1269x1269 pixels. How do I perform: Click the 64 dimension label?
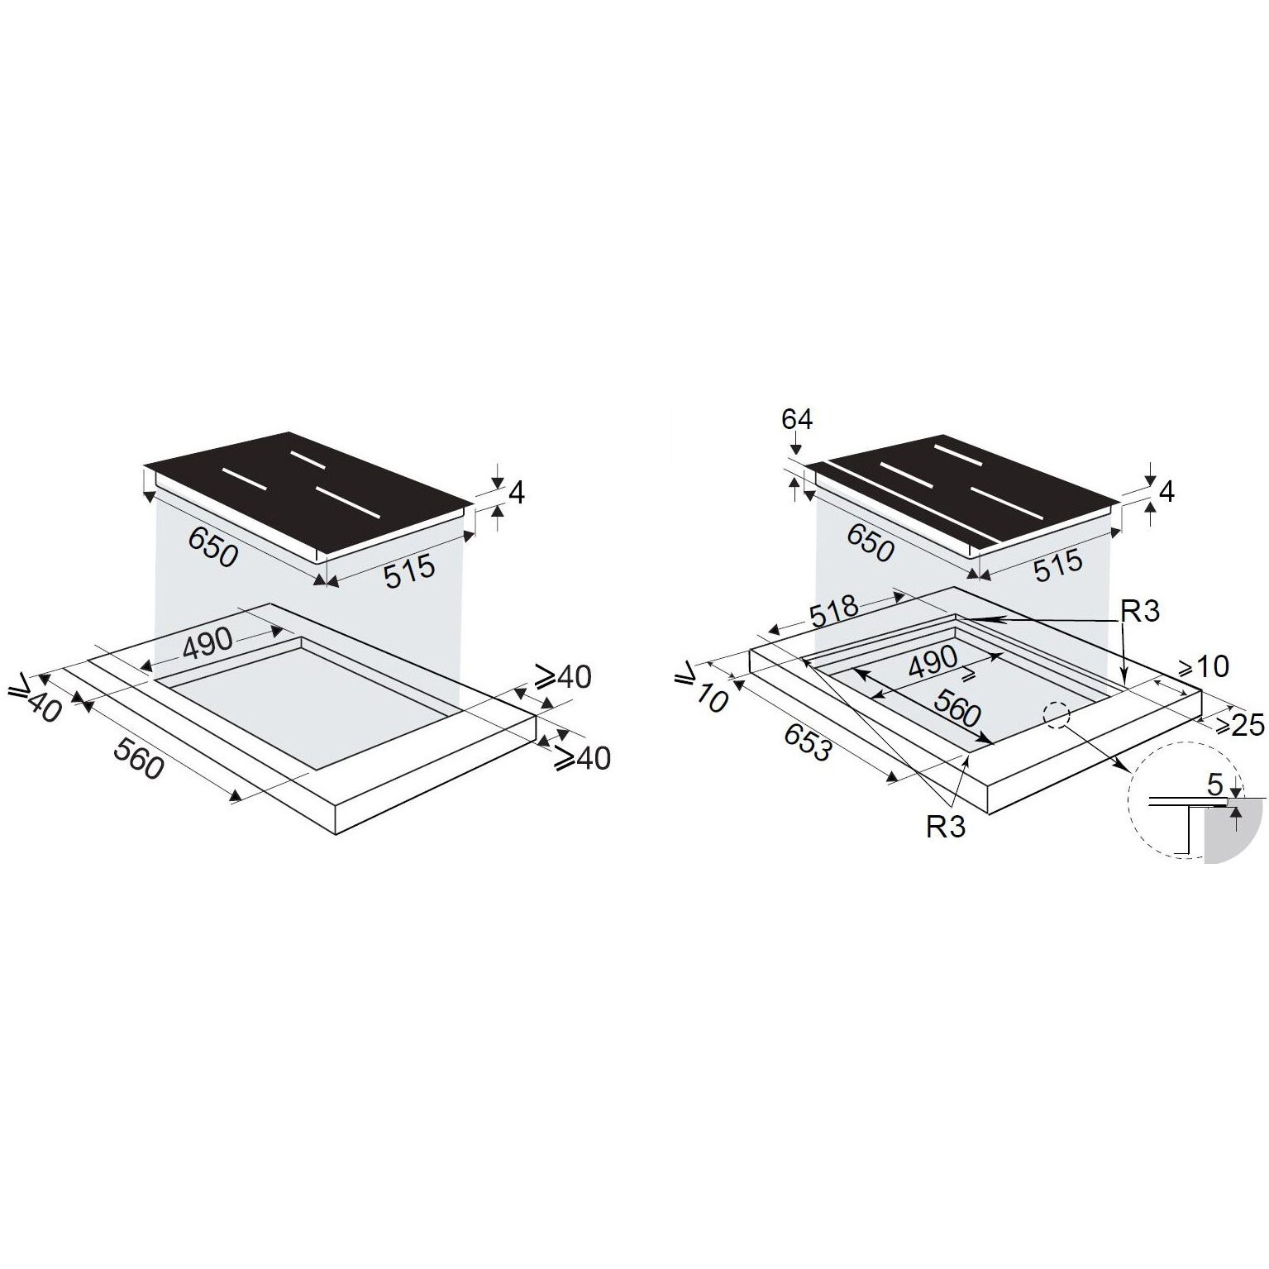(x=797, y=420)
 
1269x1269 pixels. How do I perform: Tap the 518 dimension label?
(x=833, y=611)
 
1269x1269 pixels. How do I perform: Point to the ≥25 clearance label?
(x=1238, y=724)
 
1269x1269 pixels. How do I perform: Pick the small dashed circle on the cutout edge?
(x=1057, y=716)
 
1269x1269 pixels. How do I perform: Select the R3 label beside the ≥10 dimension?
(x=1140, y=611)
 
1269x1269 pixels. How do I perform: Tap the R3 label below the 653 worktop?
(x=945, y=828)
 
